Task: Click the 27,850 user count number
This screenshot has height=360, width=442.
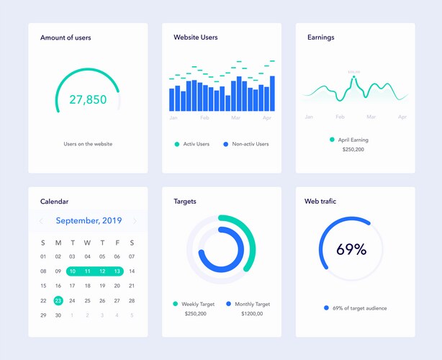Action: tap(88, 99)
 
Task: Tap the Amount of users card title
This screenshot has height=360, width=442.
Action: tap(66, 37)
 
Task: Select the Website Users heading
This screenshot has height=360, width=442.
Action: tap(195, 37)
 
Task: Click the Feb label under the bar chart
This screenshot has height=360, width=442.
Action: tap(204, 117)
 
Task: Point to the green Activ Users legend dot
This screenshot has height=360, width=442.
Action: tap(176, 144)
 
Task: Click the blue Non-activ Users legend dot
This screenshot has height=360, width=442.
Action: tap(225, 144)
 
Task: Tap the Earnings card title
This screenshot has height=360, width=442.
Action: tap(320, 37)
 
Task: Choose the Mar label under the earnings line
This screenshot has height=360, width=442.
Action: tap(371, 117)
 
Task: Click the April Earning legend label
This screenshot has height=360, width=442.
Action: tap(353, 140)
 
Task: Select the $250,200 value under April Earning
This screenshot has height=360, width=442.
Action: tap(353, 150)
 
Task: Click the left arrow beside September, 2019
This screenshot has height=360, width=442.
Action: tap(42, 221)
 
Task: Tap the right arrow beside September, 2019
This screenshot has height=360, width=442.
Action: tap(135, 221)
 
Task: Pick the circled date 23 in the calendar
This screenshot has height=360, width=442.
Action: tap(58, 301)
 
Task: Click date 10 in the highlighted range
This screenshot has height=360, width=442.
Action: tap(72, 271)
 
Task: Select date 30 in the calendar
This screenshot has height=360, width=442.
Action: tap(58, 315)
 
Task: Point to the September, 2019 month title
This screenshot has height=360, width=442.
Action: tap(89, 221)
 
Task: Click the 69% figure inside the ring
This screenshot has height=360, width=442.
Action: tap(351, 250)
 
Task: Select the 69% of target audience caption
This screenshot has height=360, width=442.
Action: tap(359, 308)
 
